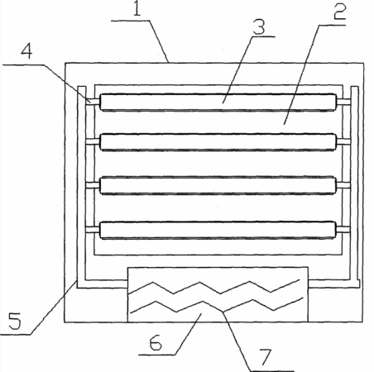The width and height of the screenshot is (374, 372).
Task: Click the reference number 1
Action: (137, 9)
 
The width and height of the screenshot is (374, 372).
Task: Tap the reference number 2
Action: (340, 12)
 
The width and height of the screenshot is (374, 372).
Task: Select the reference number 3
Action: (259, 26)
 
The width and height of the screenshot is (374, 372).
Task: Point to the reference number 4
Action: (26, 51)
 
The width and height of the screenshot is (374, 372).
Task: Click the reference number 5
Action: (15, 322)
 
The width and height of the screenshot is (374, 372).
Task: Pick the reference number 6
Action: (156, 342)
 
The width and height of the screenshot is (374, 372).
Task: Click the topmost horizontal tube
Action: (218, 103)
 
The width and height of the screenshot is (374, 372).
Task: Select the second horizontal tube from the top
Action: (218, 142)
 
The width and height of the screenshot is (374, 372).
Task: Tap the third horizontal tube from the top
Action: (218, 186)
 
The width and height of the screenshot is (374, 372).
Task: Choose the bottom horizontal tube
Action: (218, 230)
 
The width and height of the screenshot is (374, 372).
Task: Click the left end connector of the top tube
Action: (93, 102)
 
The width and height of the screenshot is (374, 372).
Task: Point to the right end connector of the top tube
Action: (343, 102)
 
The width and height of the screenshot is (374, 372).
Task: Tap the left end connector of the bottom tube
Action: (93, 229)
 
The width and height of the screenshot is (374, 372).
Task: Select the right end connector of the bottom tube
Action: (343, 229)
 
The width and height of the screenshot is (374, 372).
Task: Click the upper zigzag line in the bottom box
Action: (214, 288)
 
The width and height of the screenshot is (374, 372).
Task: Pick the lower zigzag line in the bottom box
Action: (217, 305)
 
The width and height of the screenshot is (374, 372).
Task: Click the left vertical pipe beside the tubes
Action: (82, 188)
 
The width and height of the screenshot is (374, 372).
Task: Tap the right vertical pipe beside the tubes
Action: (355, 188)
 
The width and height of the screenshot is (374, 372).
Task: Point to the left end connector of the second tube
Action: (93, 141)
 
